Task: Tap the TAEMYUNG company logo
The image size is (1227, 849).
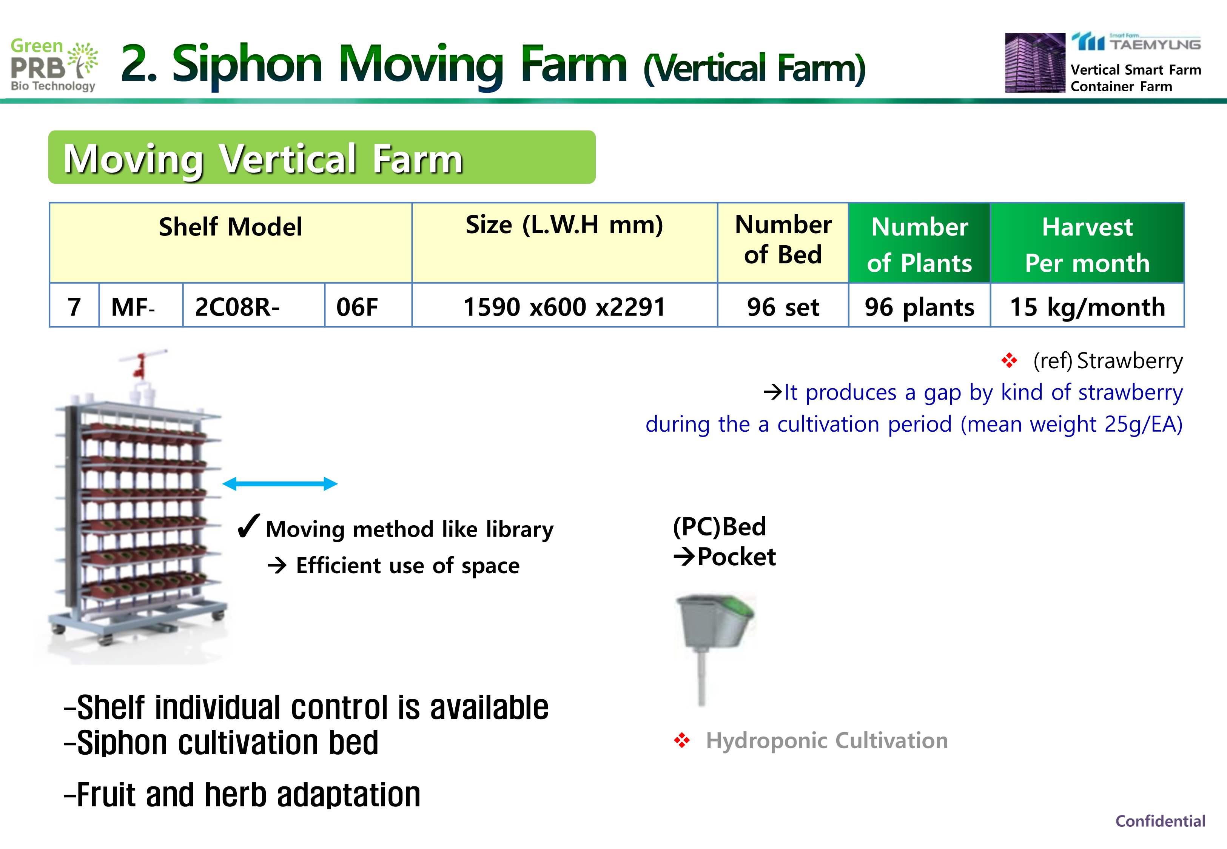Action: (1136, 42)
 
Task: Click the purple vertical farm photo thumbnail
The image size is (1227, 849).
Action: (1035, 63)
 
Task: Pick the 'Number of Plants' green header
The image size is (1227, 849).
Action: (919, 243)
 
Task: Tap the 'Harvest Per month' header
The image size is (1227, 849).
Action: (1087, 243)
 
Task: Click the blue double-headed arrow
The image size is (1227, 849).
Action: (280, 483)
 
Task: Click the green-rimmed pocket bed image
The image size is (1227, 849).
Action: (715, 649)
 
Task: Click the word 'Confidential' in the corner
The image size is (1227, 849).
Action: (1160, 821)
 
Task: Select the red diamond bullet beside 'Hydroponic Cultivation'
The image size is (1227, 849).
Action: (681, 740)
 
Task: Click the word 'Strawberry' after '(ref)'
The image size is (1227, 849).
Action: (1130, 361)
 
